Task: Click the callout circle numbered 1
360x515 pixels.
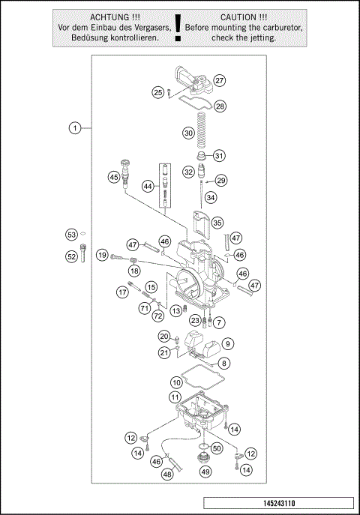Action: [75, 128]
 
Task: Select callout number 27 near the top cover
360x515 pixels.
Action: [220, 80]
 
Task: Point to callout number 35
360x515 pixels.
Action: [217, 223]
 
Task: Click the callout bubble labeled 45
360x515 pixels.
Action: [114, 177]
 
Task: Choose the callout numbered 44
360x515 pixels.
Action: [148, 186]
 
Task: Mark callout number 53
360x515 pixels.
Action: [72, 235]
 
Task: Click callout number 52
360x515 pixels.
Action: [72, 256]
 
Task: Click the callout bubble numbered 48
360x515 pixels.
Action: [168, 474]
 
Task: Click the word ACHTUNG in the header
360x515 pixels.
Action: [109, 16]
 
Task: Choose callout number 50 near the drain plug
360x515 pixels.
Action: [217, 448]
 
